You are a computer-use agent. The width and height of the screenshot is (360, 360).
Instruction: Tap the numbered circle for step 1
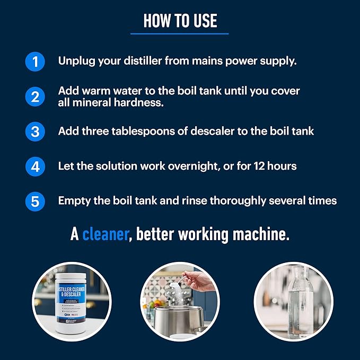(x=35, y=62)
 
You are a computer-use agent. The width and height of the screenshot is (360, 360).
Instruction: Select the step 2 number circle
(x=35, y=97)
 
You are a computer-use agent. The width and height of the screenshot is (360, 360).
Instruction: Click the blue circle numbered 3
(x=35, y=131)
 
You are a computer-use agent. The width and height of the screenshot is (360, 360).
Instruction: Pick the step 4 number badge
(x=35, y=166)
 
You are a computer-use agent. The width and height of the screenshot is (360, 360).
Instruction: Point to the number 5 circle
(x=35, y=201)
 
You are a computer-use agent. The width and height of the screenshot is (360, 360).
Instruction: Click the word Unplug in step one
(x=76, y=62)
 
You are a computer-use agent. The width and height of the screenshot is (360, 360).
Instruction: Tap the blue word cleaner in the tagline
(x=106, y=234)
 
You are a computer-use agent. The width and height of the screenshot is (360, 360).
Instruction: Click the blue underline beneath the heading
(x=180, y=33)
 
